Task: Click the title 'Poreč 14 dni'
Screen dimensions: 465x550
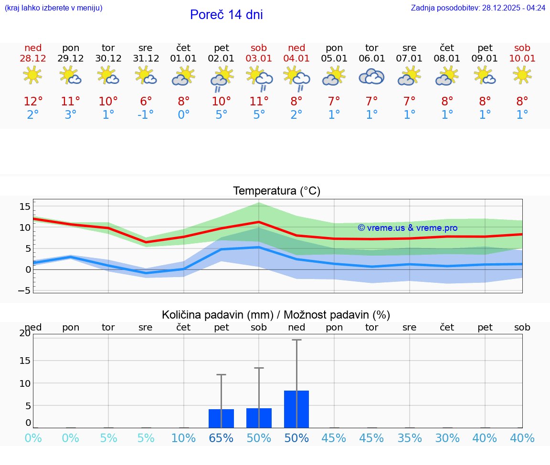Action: tap(226, 15)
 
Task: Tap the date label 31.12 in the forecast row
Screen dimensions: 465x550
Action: tap(146, 59)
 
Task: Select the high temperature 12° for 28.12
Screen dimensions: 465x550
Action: tap(33, 102)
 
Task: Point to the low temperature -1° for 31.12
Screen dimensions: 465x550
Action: tap(146, 115)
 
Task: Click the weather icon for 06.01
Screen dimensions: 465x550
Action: tap(371, 76)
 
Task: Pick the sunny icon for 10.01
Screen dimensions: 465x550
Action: tap(522, 75)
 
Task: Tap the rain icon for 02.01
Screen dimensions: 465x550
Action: tap(221, 77)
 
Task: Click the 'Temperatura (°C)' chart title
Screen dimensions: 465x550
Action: tap(276, 191)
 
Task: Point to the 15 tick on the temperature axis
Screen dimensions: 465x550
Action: tap(25, 207)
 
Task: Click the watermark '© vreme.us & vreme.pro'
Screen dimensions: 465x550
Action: tap(407, 228)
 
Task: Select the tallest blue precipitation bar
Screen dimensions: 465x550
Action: tap(296, 409)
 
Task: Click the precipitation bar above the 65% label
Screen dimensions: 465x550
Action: tap(221, 418)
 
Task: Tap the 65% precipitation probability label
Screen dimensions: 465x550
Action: tap(221, 438)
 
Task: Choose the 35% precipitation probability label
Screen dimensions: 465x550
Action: tap(409, 438)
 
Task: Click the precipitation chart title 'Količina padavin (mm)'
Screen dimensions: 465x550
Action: tap(217, 315)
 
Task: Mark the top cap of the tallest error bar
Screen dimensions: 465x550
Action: tap(296, 340)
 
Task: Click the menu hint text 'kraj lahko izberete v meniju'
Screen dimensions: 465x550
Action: tap(53, 8)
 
